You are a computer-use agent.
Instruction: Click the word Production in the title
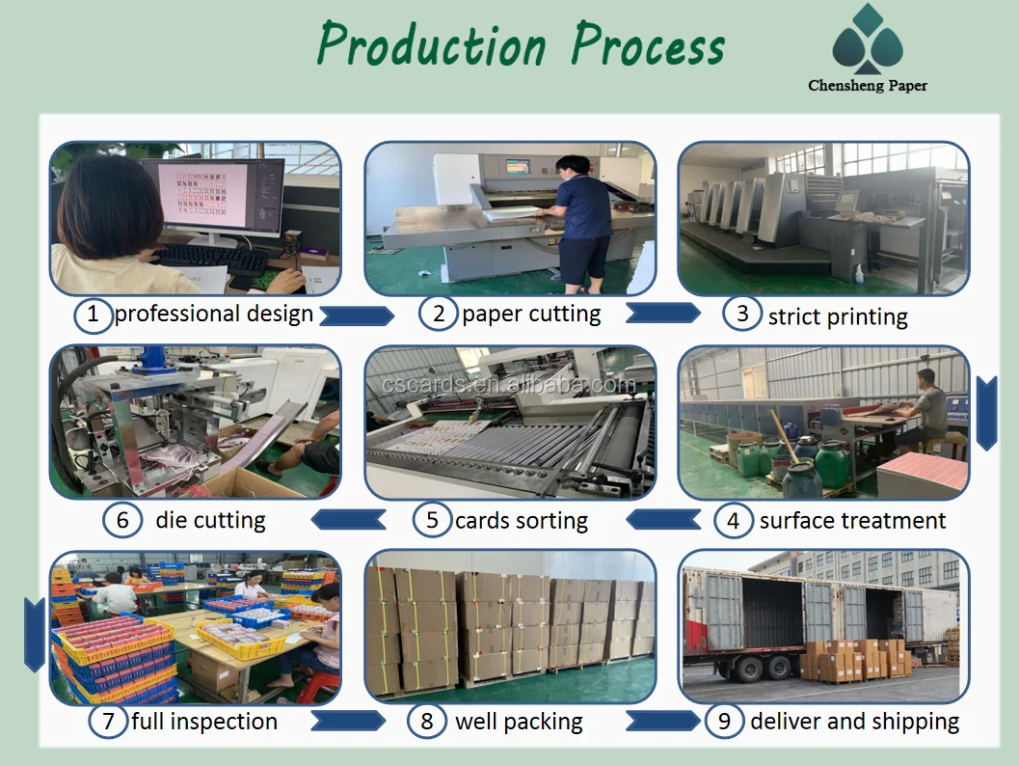coord(432,45)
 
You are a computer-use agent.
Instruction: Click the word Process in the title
coord(648,45)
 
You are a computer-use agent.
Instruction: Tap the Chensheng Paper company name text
coord(868,85)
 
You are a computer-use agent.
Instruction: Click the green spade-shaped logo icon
coord(868,39)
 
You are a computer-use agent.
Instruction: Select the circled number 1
coord(93,315)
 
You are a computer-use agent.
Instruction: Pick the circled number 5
coord(432,520)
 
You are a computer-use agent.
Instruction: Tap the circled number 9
coord(724,721)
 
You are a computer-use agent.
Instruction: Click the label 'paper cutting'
coord(531,315)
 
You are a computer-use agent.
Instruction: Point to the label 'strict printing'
coord(838,316)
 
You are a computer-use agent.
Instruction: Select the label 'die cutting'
coord(210,520)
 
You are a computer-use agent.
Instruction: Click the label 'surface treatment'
coord(852,521)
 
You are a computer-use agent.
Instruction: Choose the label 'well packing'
coord(519,722)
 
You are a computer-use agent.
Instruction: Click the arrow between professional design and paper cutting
coord(357,315)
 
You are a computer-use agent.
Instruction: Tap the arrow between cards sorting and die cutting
coord(349,520)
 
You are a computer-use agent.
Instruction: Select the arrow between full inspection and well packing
coord(348,721)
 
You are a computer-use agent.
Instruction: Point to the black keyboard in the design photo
coord(211,259)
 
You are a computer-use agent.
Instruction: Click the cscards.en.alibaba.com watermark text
coord(508,384)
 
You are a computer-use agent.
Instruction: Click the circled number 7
coord(108,721)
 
